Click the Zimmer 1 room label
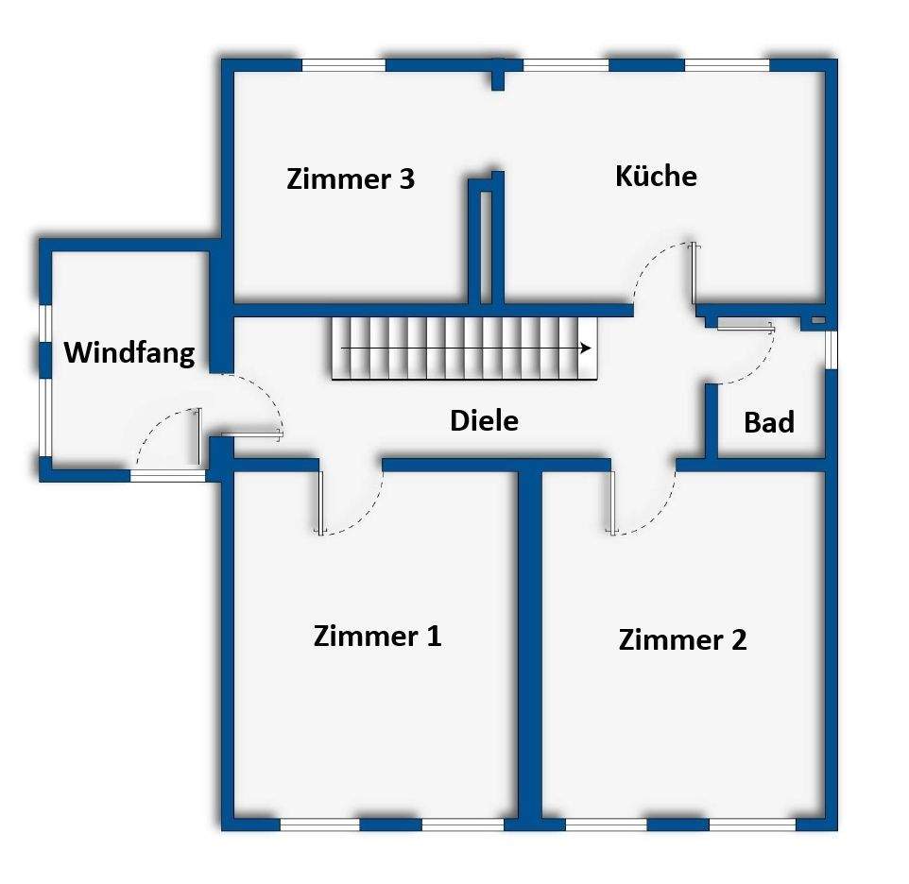click(x=377, y=636)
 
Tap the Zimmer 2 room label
click(x=682, y=639)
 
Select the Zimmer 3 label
click(x=351, y=178)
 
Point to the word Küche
click(x=656, y=176)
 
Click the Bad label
click(x=768, y=422)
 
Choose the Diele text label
click(x=484, y=420)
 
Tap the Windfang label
click(x=129, y=353)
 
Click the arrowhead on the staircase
click(x=587, y=348)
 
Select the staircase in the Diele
click(x=463, y=348)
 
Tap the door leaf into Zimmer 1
click(x=321, y=501)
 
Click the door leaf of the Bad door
click(x=745, y=327)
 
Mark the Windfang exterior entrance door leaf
click(x=199, y=435)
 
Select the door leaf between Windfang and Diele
click(x=251, y=434)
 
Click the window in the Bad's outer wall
click(x=831, y=348)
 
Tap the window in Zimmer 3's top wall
click(x=344, y=65)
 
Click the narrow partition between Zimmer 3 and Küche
click(x=486, y=241)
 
